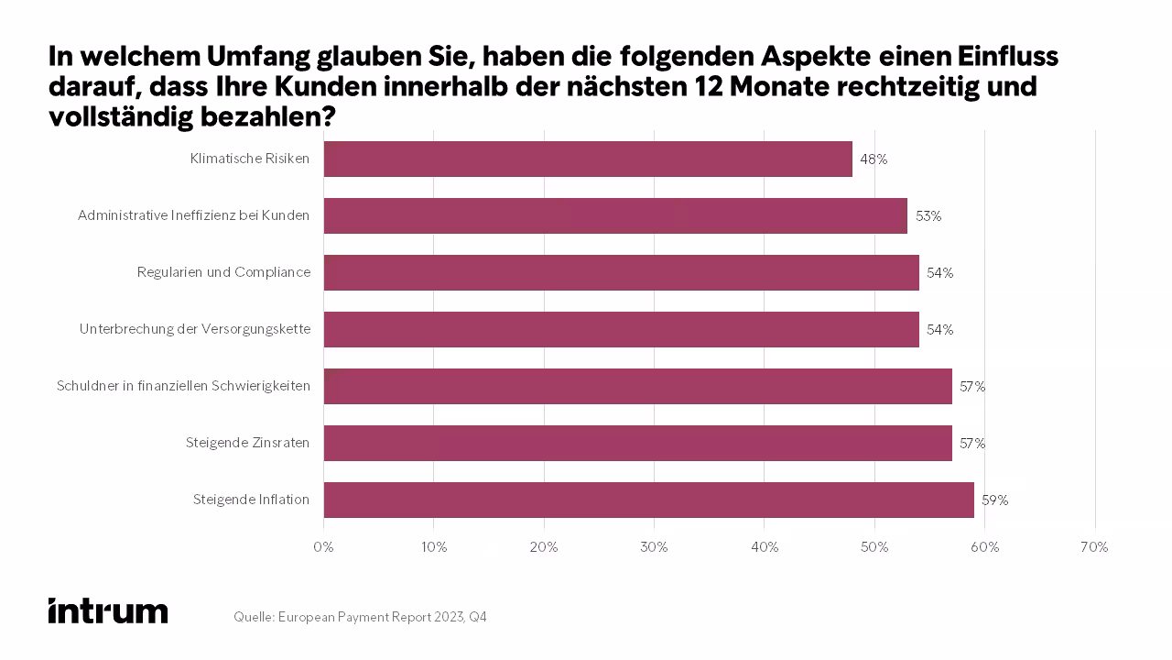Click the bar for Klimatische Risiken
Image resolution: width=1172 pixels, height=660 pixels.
588,159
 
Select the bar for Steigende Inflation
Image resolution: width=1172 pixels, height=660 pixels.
648,500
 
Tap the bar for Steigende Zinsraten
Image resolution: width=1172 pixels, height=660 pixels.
637,443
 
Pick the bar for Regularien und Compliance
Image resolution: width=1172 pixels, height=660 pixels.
621,272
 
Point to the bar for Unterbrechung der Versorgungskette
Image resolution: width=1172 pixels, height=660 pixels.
621,329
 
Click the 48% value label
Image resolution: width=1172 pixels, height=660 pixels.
874,159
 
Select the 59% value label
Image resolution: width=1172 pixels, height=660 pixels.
994,500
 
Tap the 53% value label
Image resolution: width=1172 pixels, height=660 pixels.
928,216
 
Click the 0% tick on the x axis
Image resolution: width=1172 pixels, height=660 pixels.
323,547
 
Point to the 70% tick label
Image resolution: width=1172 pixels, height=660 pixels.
1094,547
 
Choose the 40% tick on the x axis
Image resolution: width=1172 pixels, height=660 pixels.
765,547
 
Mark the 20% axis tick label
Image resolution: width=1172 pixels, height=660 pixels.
544,547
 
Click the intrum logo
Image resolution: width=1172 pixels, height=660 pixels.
108,611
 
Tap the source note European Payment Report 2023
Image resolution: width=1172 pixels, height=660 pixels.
360,618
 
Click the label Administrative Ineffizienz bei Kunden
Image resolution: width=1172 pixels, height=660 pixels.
193,215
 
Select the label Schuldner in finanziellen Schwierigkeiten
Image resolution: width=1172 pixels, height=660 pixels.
183,386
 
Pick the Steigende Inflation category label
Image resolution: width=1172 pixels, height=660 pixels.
251,500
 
